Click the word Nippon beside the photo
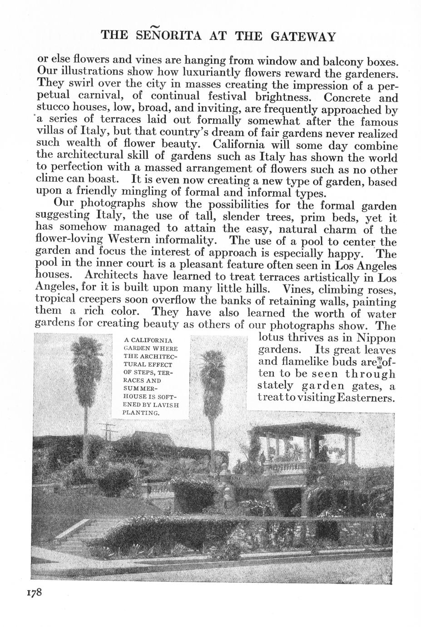coord(376,338)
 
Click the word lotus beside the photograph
coord(273,338)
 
